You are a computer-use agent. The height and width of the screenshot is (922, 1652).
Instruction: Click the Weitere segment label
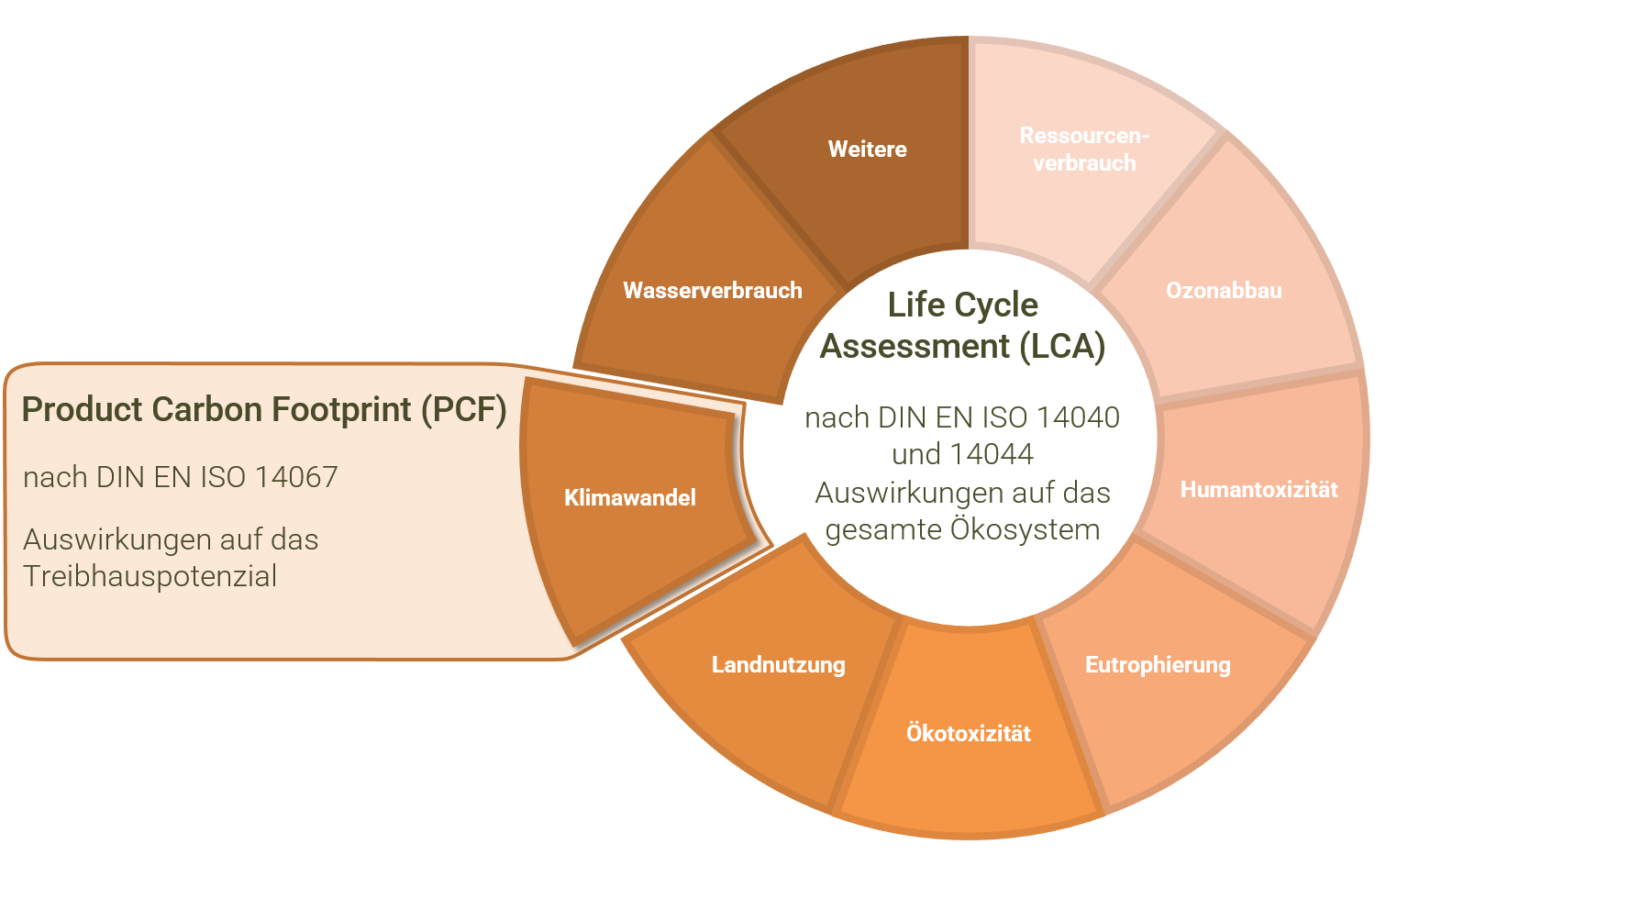tap(867, 149)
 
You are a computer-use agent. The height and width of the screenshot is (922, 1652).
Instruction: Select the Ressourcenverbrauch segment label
tap(1084, 149)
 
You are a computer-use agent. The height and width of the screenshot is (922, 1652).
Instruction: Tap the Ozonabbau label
tap(1224, 291)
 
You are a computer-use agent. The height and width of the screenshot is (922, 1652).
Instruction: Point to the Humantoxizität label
tap(1258, 490)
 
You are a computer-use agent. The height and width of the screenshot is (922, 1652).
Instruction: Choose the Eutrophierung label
tap(1158, 665)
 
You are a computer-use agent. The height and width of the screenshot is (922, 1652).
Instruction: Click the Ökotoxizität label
tap(968, 733)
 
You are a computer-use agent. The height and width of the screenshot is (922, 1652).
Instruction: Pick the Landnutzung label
tap(778, 665)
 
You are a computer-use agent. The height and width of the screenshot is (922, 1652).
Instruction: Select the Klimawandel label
tap(629, 498)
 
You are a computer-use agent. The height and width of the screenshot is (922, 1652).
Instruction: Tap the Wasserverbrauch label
tap(712, 291)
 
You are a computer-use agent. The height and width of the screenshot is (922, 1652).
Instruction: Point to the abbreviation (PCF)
tap(463, 410)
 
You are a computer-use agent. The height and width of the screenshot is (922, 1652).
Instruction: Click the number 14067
tap(296, 477)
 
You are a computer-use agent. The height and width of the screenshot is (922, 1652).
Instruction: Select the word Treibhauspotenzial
tap(150, 576)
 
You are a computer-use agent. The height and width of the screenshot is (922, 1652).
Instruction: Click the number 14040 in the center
tap(1077, 417)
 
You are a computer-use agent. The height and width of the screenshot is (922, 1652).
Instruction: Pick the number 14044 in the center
tap(992, 454)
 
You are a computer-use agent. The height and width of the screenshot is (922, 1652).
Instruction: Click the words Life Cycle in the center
tap(962, 305)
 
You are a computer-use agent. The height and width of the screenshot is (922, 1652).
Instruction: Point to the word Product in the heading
tap(82, 410)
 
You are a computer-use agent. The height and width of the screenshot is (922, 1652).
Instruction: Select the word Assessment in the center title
tap(914, 347)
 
